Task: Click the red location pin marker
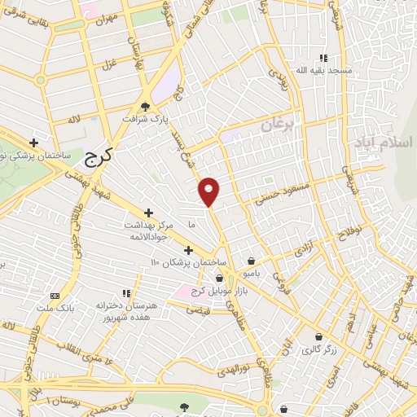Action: coord(209,191)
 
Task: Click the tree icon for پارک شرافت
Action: coord(145,107)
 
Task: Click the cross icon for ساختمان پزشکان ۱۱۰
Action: coord(188,250)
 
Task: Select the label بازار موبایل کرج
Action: coord(196,292)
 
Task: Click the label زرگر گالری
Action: coord(318,350)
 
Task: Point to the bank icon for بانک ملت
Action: coord(55,296)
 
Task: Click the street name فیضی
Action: coord(198,310)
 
